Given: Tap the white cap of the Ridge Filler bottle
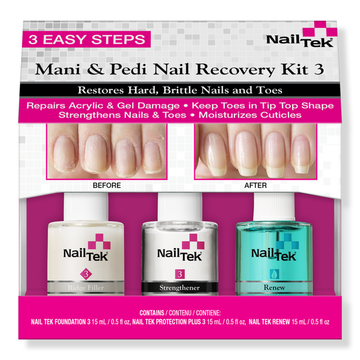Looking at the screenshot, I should [x=86, y=206].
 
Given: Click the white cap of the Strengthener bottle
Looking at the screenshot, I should [x=179, y=207].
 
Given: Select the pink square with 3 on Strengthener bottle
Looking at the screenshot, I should [x=179, y=274].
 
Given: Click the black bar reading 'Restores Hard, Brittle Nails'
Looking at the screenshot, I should [x=180, y=91].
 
